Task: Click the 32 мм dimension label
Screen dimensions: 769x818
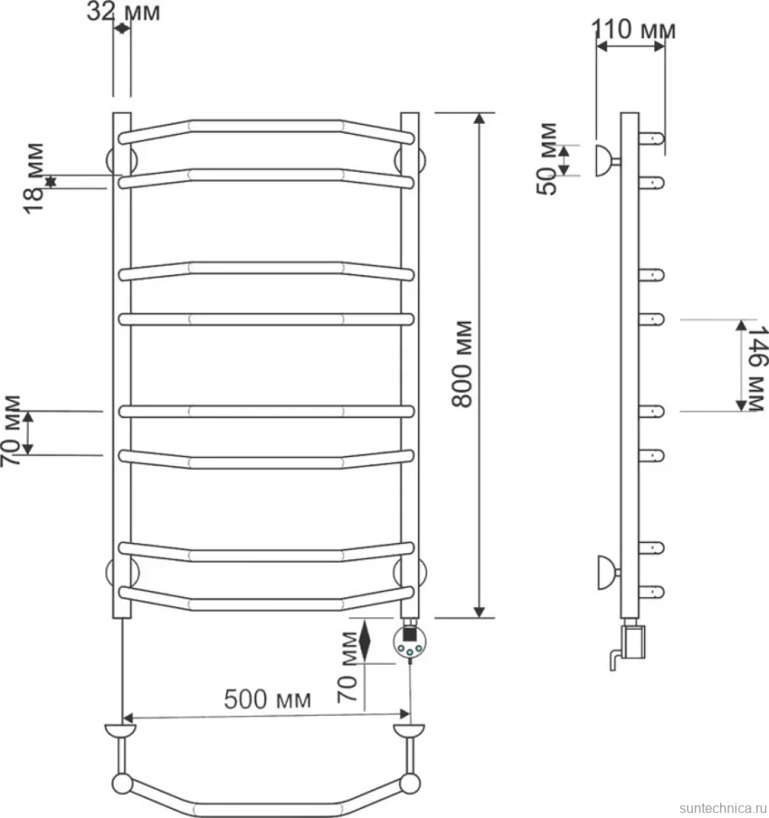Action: pyautogui.click(x=123, y=12)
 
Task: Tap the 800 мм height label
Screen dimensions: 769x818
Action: pyautogui.click(x=462, y=363)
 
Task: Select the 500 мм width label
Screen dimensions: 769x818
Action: pyautogui.click(x=268, y=699)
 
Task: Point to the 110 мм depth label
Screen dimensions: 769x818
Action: pyautogui.click(x=633, y=30)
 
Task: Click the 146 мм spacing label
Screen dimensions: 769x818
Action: pyautogui.click(x=755, y=369)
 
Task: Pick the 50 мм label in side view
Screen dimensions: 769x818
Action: pyautogui.click(x=547, y=159)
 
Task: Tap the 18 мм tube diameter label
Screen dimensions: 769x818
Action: pyautogui.click(x=34, y=178)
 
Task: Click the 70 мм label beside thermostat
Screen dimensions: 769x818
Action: pyautogui.click(x=347, y=667)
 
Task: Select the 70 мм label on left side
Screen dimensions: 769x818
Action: pyautogui.click(x=12, y=430)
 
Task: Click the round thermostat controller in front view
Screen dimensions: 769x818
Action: pyautogui.click(x=409, y=642)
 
